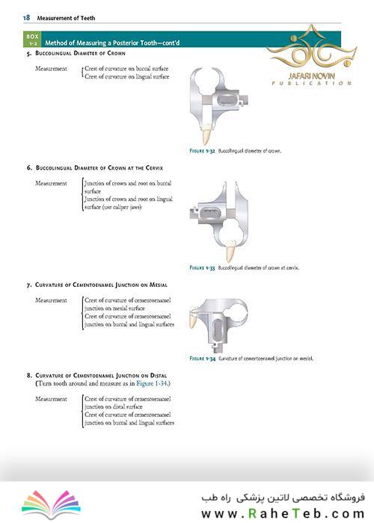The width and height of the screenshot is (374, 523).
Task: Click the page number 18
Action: tap(26, 18)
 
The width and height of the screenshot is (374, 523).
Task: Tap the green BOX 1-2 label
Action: tap(32, 40)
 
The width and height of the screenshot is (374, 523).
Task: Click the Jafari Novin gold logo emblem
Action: tap(311, 46)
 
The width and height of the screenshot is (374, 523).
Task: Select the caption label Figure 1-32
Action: tap(202, 151)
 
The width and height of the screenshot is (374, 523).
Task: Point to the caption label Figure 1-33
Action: tap(202, 267)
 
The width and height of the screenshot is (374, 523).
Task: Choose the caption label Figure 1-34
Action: tap(203, 359)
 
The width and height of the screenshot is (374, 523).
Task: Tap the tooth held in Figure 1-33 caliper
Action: tap(230, 251)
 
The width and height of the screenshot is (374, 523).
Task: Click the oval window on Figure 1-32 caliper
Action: tap(227, 99)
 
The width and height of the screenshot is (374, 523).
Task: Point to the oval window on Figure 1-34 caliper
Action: tap(217, 329)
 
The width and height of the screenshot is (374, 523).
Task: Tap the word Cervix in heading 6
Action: tap(154, 168)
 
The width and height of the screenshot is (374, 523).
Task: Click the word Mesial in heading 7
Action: tap(159, 285)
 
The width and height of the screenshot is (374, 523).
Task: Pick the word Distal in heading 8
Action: tap(159, 376)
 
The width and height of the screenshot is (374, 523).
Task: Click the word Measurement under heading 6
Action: tap(51, 184)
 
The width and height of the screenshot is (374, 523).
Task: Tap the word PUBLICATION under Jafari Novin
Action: tap(312, 83)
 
